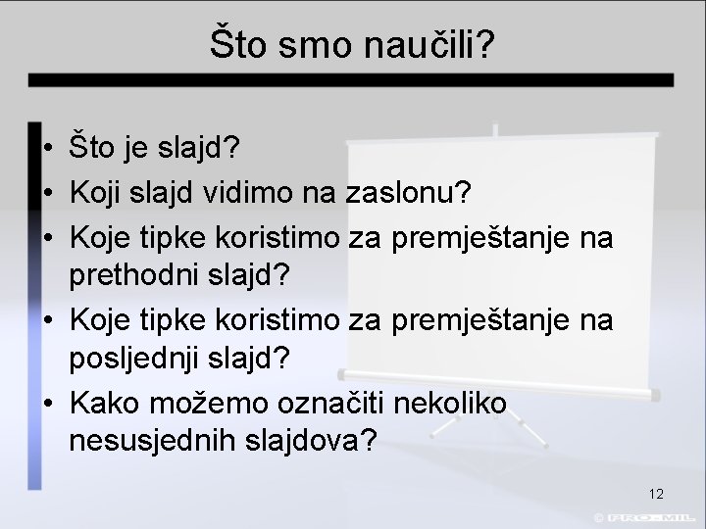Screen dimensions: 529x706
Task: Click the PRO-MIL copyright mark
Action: pyautogui.click(x=648, y=516)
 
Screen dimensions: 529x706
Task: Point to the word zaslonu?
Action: pyautogui.click(x=410, y=193)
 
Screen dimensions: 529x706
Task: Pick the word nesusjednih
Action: pyautogui.click(x=153, y=442)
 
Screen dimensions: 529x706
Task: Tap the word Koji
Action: pyautogui.click(x=95, y=193)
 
